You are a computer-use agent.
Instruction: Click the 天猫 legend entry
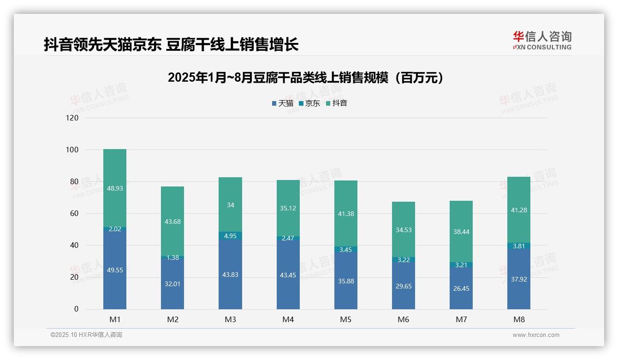tap(282, 103)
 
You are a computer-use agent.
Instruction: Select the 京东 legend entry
tap(309, 103)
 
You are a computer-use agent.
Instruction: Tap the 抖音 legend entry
tap(336, 103)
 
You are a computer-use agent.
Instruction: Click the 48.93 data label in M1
tap(115, 188)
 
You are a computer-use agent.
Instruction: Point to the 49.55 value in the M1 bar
tap(115, 270)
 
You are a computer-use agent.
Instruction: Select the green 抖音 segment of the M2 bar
tap(172, 222)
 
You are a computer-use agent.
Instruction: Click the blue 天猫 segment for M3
tap(230, 275)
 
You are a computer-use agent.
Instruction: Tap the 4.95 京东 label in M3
tap(230, 236)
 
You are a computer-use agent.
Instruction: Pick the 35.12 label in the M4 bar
tap(288, 208)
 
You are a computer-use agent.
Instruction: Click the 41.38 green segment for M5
tap(346, 214)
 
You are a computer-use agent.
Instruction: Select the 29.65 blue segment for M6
tap(404, 286)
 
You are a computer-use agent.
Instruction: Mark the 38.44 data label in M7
tap(461, 232)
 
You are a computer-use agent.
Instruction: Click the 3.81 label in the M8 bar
tap(519, 246)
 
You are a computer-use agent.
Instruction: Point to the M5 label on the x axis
tap(346, 319)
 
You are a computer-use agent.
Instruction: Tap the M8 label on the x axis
tap(519, 319)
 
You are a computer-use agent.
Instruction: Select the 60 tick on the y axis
tap(74, 213)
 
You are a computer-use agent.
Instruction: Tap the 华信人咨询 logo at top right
tap(542, 40)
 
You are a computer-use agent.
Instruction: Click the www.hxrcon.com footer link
tap(536, 335)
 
